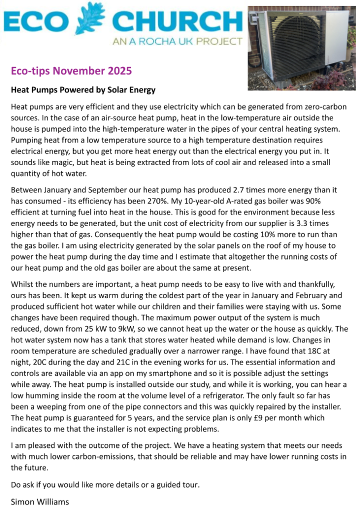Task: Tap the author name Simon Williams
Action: tap(40, 502)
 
